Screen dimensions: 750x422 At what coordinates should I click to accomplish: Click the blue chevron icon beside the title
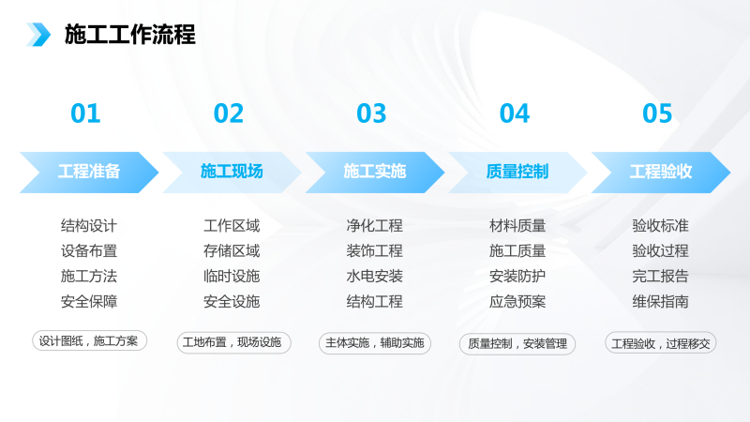point(38,35)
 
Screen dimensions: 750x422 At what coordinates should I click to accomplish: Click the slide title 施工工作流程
point(130,35)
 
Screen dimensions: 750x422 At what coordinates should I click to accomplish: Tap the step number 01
point(85,113)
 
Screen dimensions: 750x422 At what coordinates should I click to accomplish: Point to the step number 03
point(371,113)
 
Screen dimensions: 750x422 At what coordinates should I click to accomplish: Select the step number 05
point(657,113)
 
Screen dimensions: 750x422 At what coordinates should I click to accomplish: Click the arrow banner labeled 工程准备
point(89,173)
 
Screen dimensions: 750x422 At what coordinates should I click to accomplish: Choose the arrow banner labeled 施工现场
point(232,173)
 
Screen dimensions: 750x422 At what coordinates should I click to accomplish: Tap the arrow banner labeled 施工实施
point(374,173)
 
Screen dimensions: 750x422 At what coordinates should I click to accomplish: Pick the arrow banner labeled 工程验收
point(661,173)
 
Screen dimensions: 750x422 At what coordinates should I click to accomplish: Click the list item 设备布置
point(89,250)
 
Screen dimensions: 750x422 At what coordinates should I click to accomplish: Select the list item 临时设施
point(232,276)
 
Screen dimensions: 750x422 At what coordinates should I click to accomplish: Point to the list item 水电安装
point(374,276)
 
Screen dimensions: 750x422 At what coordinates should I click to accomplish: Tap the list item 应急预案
point(517,301)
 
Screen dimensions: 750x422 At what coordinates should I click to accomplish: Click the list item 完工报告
point(661,276)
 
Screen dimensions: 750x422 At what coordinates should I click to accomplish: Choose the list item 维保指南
point(661,301)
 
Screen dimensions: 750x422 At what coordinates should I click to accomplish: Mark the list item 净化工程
point(374,225)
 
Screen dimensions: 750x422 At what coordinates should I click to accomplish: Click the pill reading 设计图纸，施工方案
point(89,340)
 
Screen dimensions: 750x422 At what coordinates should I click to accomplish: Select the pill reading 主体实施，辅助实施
point(375,343)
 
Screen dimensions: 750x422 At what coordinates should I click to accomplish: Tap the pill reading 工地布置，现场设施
point(233,342)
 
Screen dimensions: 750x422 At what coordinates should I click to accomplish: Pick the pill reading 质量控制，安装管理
point(517,344)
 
